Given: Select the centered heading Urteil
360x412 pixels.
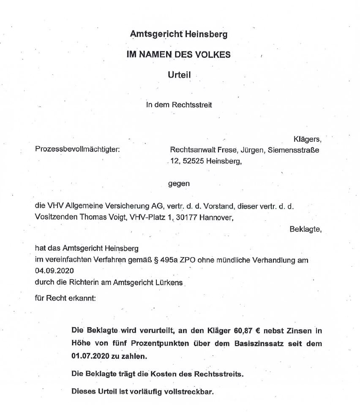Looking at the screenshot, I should pos(180,74).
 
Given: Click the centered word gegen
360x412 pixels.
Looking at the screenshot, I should pos(179,184).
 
